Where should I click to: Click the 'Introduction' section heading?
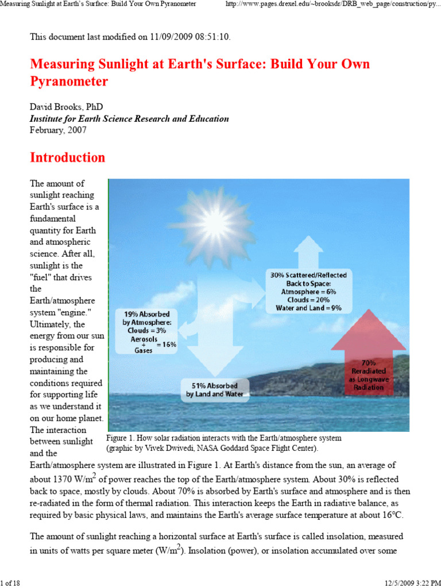click(68, 157)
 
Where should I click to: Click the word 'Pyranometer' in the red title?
click(69, 81)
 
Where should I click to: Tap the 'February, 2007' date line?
click(58, 130)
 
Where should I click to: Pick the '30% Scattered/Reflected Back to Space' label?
click(309, 280)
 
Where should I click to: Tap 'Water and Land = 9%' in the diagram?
click(309, 308)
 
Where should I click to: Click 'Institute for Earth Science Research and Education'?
click(129, 119)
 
